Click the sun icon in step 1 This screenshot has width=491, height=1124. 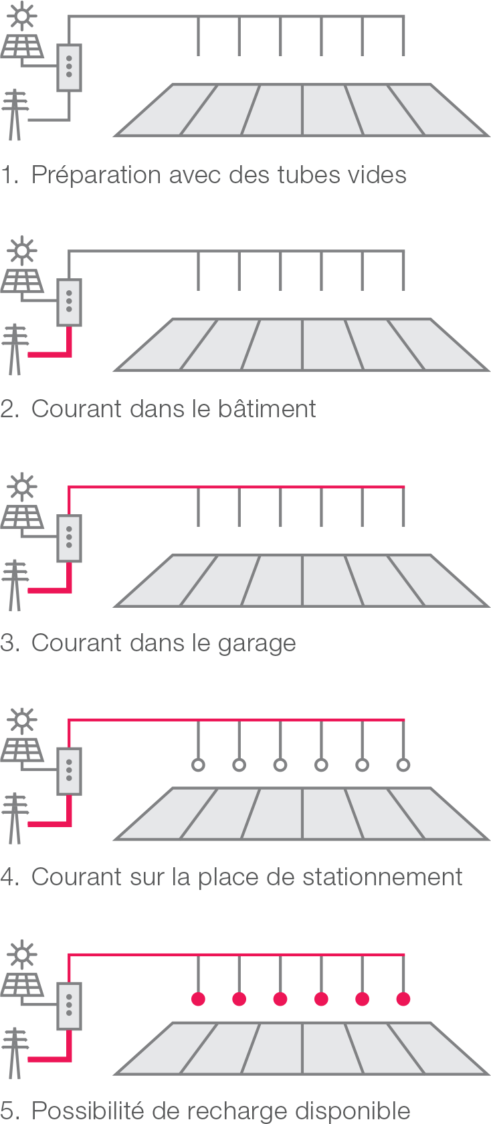[23, 15]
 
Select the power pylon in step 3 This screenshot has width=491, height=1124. [14, 586]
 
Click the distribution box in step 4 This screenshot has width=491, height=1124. [69, 770]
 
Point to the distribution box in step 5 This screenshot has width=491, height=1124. [69, 1005]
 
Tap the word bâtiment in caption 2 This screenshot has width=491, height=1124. [267, 409]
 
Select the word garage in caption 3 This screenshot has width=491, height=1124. [257, 643]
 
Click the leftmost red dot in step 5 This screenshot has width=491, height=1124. [198, 999]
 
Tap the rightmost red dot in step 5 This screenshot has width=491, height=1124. [403, 999]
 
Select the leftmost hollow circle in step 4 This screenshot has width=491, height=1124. [198, 765]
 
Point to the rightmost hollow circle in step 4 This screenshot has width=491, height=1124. [403, 765]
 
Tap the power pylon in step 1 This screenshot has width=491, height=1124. [14, 115]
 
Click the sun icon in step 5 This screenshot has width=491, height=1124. [23, 953]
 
